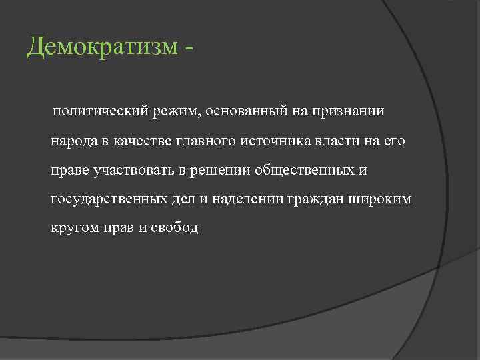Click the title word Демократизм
click(103, 47)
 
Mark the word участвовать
click(135, 171)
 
